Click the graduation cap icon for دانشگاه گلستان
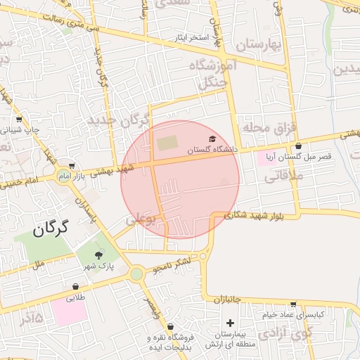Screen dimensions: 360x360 212,140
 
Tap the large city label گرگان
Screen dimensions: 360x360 51,229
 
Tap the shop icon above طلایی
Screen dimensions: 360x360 75,288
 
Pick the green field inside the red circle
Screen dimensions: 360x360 167,143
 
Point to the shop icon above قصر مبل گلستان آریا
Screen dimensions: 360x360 298,146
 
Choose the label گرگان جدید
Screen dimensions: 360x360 117,120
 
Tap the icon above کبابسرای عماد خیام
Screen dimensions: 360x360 292,304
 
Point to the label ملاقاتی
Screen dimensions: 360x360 283,179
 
